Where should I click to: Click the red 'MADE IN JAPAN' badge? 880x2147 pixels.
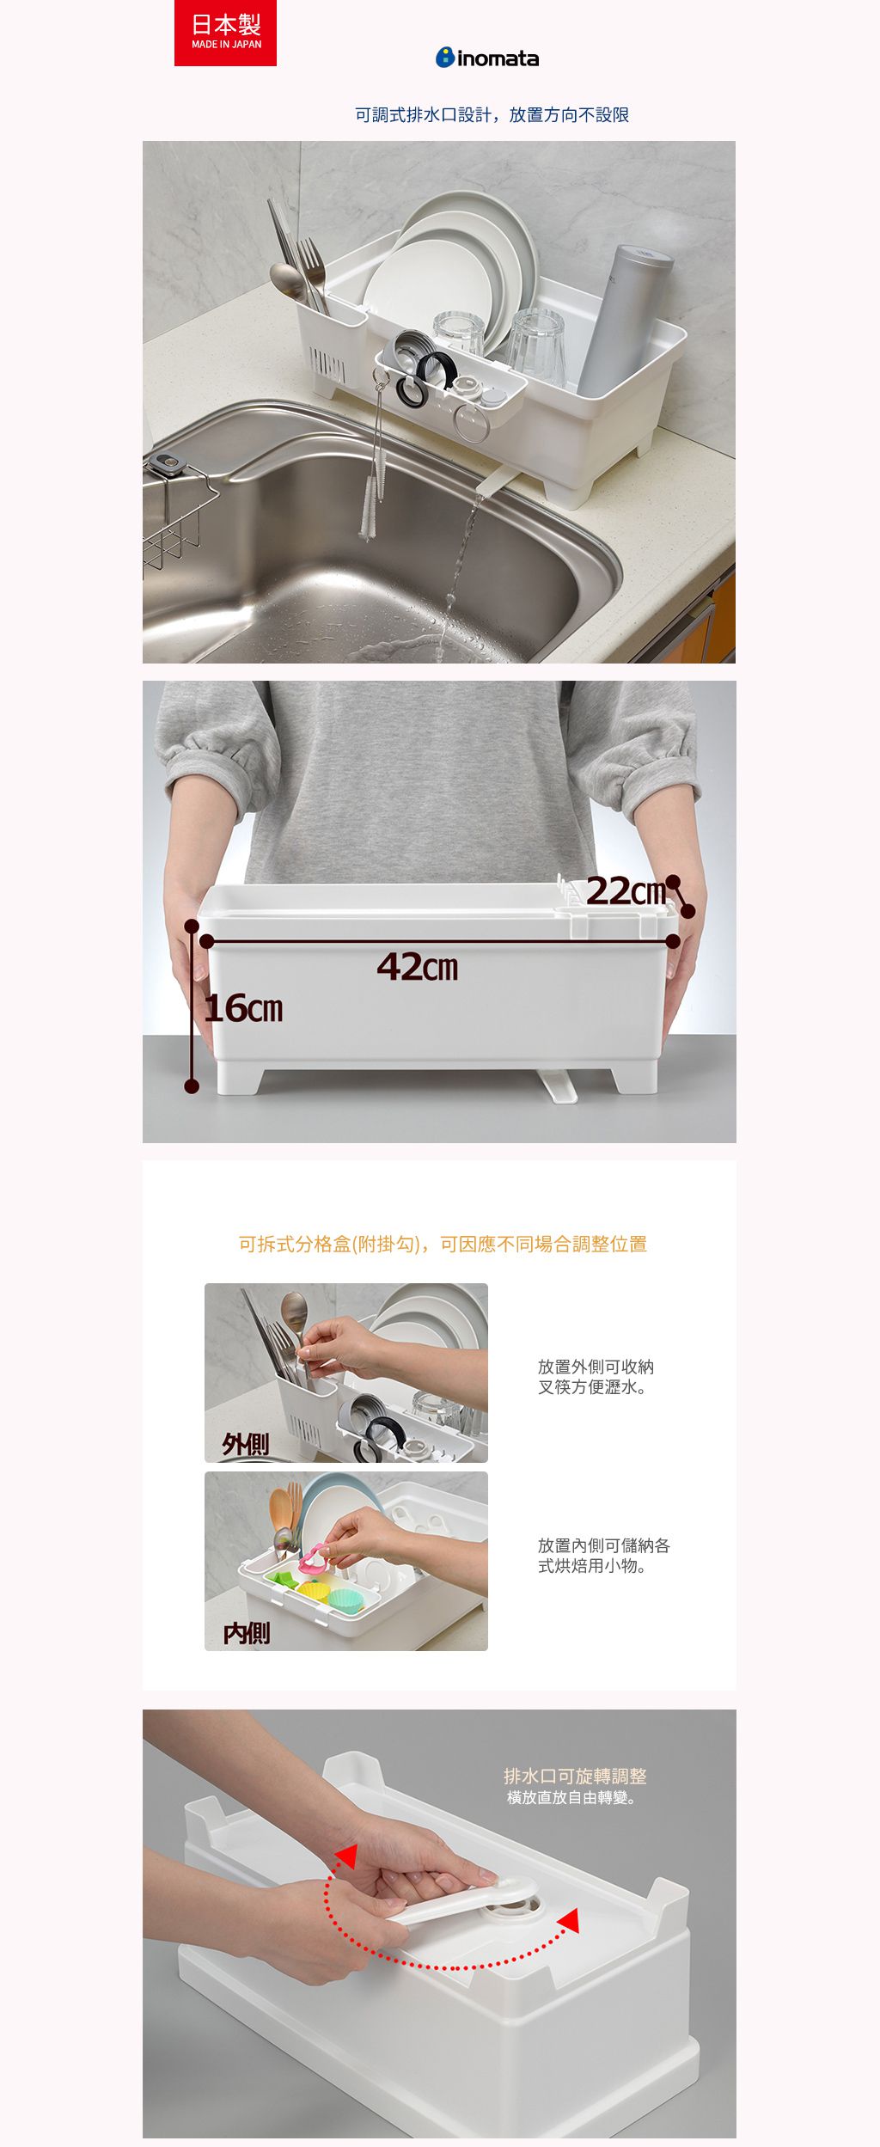225,33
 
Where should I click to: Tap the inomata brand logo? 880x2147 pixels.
487,58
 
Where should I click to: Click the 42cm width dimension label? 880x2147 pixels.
418,968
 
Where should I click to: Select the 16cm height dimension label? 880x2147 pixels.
244,1007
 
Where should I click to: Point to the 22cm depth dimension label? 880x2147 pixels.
626,891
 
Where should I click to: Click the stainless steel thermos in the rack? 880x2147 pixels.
624,319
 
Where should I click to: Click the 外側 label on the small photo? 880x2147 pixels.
246,1444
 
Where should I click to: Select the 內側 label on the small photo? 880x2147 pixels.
247,1632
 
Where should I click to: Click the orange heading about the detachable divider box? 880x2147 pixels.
443,1244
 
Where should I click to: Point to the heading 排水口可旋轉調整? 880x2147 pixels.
575,1777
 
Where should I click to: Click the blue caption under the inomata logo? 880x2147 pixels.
492,115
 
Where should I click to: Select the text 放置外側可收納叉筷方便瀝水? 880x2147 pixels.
596,1377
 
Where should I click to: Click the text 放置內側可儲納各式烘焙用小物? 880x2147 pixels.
604,1556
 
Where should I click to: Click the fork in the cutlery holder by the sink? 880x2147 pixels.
312,273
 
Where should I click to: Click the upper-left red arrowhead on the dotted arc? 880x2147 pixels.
346,1856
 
